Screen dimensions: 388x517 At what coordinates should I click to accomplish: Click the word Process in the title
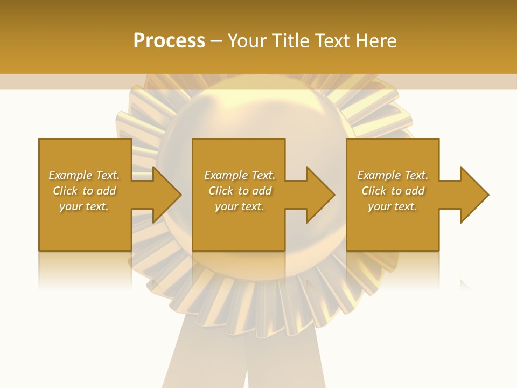pos(169,41)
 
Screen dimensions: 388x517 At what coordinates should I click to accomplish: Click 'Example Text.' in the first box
pos(84,175)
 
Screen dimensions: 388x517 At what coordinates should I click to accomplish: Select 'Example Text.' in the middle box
pos(239,175)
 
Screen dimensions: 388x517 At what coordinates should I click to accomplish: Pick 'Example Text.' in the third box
pos(393,175)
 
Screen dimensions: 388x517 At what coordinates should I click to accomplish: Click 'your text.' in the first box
pos(84,206)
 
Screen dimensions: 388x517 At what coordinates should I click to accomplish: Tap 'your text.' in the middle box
pos(239,206)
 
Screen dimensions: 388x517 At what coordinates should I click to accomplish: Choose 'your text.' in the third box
pos(393,206)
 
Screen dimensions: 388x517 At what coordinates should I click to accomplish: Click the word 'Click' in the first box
pos(65,191)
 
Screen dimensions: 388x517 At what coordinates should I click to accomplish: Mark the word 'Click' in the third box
pos(374,191)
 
